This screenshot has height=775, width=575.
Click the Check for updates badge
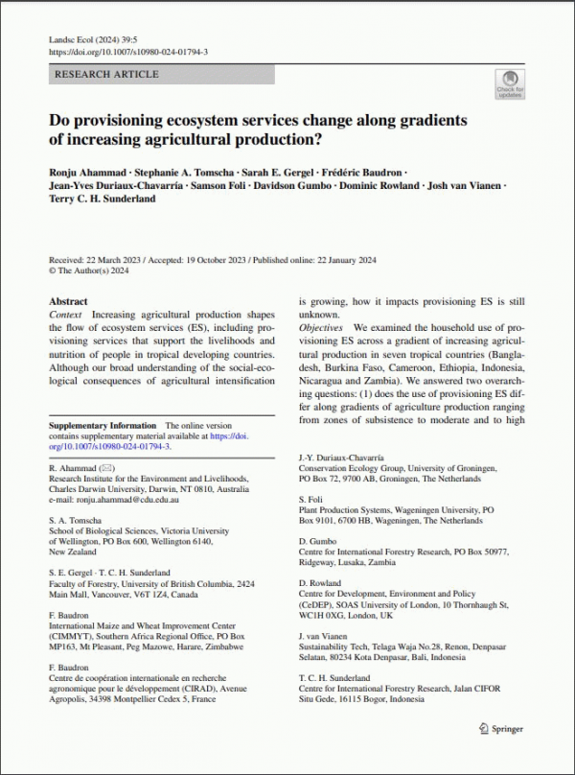(509, 84)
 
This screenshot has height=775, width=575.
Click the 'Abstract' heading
(68, 301)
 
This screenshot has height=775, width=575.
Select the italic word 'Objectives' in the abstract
(321, 328)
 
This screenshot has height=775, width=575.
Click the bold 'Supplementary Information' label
(102, 425)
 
